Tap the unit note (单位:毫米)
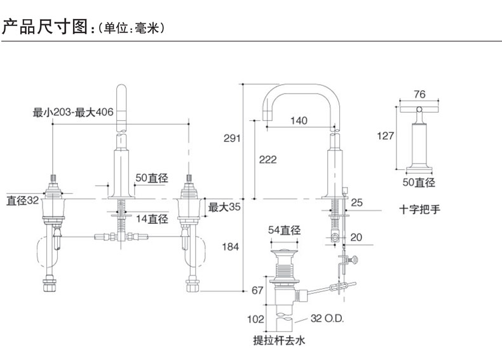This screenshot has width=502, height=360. coord(130,29)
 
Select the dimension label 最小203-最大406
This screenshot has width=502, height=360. coord(73,113)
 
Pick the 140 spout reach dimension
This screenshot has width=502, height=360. coord(299,120)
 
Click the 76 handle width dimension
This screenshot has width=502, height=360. coord(419,94)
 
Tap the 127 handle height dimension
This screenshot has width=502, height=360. coord(385,135)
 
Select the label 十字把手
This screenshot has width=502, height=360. coord(419,208)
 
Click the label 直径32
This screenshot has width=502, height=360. coord(23,200)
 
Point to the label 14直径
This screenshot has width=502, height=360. coord(153,219)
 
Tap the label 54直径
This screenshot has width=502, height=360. coord(284,230)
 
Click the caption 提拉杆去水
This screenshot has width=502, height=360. coord(280,341)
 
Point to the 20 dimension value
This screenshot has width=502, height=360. coord(356,237)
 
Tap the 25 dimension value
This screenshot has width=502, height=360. coord(356,203)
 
